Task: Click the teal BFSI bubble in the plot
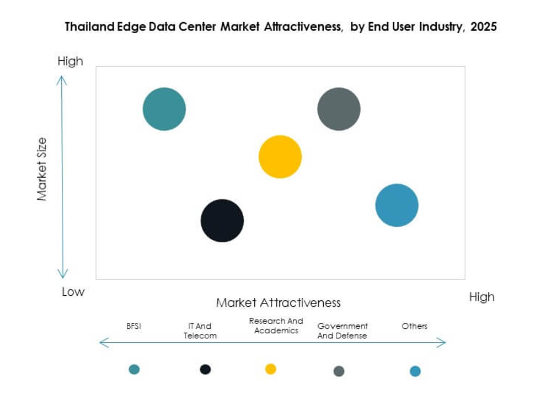164,109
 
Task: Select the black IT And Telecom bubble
222,221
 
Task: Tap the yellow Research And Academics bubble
280,157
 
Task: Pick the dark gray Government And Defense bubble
339,109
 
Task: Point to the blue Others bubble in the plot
397,205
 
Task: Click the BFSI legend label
133,326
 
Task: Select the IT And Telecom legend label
200,331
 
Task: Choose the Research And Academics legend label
276,326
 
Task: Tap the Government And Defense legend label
343,331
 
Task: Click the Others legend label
414,326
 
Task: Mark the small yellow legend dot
270,369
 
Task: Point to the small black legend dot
205,369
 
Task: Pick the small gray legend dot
339,371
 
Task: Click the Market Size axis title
42,169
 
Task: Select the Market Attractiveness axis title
278,302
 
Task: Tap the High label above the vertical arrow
70,61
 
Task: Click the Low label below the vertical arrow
73,292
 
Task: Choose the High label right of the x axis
482,297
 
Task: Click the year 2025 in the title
484,26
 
